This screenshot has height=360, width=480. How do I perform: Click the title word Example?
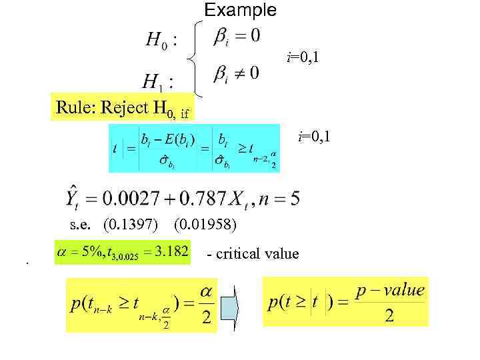(239, 10)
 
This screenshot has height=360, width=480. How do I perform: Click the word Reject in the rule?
(125, 107)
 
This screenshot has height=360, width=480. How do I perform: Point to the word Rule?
(73, 107)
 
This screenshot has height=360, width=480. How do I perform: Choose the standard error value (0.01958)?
(204, 225)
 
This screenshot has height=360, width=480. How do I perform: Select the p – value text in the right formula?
(390, 290)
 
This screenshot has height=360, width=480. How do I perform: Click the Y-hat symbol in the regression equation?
(73, 197)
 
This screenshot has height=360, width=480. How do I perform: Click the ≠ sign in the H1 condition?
(237, 73)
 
